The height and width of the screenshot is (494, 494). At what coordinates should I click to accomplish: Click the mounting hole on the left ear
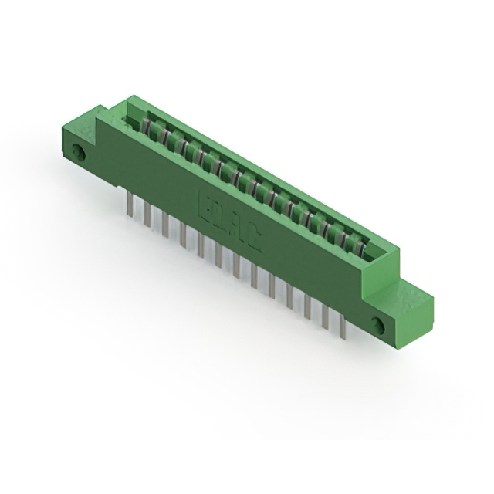tap(77, 152)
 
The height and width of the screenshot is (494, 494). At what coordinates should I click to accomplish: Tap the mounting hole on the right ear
tap(379, 323)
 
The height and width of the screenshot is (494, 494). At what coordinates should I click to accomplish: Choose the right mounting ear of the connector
tap(398, 309)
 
